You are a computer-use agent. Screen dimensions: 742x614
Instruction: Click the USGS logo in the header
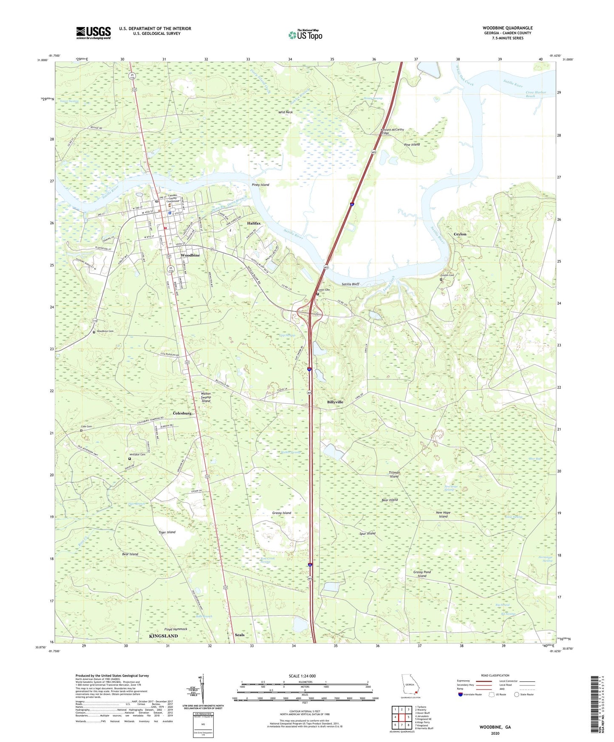[x=93, y=33]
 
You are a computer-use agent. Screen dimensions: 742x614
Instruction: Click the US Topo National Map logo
[x=305, y=35]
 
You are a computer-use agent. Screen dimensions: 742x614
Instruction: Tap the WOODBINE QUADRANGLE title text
[x=507, y=28]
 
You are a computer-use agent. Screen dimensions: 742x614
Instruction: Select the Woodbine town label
[x=190, y=255]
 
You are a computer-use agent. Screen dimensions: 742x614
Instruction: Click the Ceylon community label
[x=460, y=234]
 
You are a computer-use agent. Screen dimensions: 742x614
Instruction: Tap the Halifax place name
[x=254, y=223]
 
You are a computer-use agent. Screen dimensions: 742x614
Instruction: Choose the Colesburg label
[x=182, y=413]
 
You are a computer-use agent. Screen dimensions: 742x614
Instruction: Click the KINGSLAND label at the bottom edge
[x=164, y=636]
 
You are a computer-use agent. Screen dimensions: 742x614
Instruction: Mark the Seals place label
[x=240, y=635]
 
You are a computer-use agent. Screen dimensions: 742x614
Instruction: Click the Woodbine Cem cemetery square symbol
[x=94, y=332]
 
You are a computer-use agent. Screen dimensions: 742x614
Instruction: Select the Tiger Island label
[x=167, y=532]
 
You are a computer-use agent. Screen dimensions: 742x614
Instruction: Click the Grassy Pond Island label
[x=422, y=574]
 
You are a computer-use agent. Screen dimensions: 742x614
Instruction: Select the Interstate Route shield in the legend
[x=461, y=694]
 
